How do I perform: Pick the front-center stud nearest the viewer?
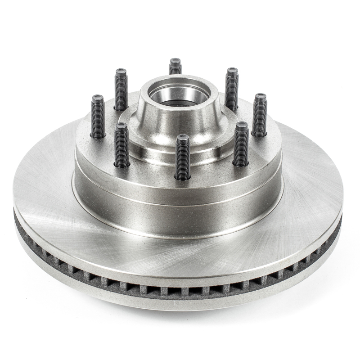pyautogui.click(x=182, y=157)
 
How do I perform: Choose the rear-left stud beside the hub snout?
pyautogui.click(x=121, y=90)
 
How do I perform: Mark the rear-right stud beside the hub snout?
pyautogui.click(x=232, y=89)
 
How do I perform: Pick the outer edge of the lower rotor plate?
pyautogui.click(x=180, y=304)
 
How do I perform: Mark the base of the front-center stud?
pyautogui.click(x=183, y=177)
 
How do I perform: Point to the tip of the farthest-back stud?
pyautogui.click(x=175, y=61)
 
